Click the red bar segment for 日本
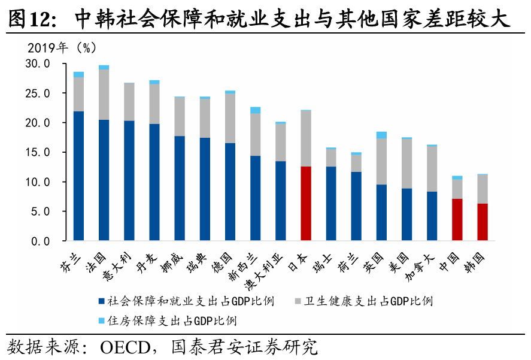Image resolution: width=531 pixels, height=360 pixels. coord(306,204)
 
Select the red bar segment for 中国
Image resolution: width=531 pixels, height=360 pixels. coord(457,220)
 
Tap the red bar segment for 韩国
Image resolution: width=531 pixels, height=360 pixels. coord(483,222)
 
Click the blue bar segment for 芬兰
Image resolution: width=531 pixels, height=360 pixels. coord(78,176)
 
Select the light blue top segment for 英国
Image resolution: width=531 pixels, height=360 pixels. coord(381,135)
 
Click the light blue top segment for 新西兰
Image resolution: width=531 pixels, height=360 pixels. coord(255,110)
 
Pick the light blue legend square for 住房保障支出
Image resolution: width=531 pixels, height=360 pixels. coord(102,320)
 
